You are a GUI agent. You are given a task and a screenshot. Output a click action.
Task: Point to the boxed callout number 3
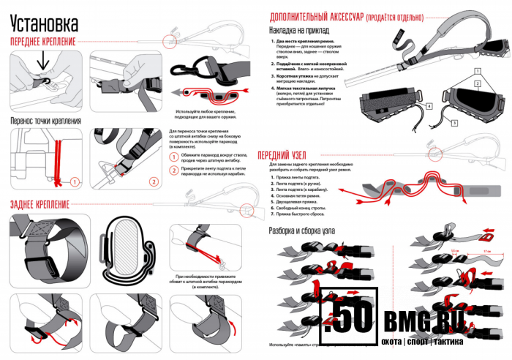click(454, 123)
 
